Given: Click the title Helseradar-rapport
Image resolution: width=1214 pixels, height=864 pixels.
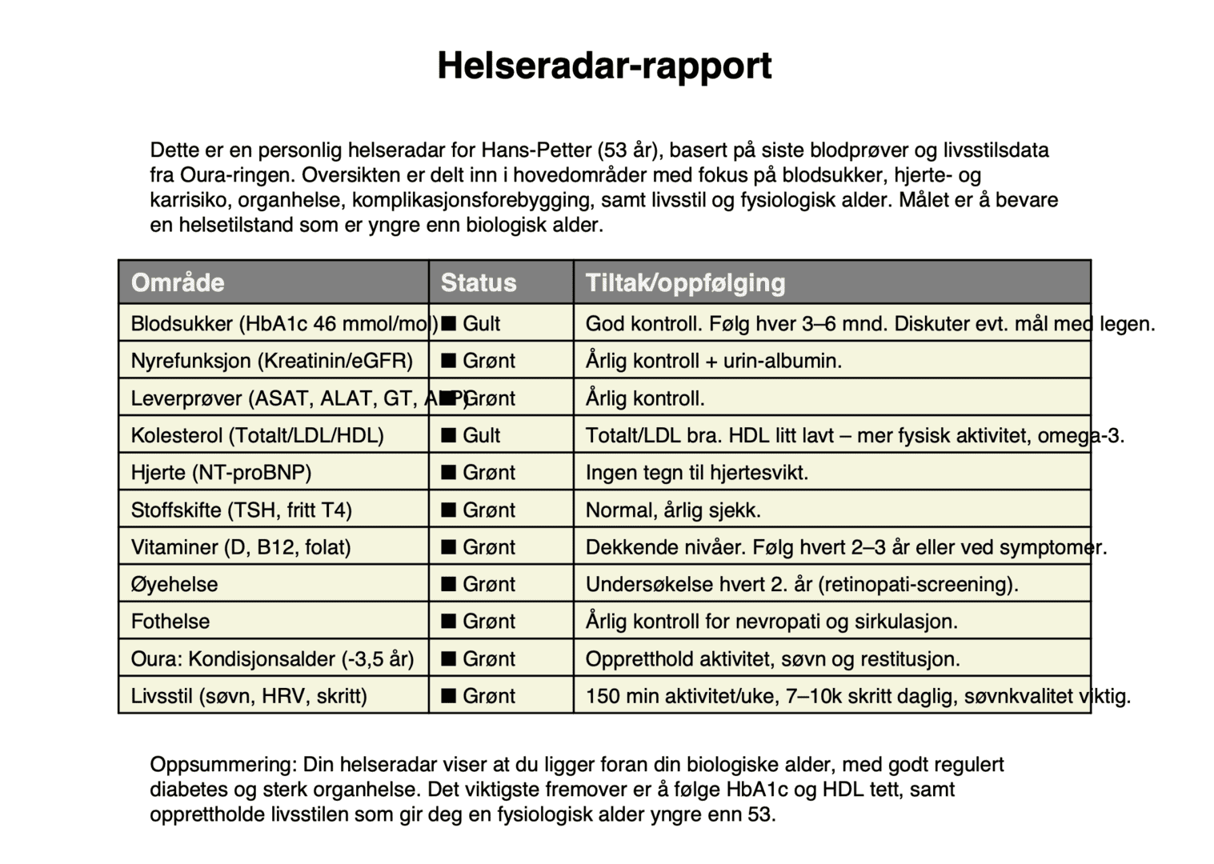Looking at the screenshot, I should click(x=604, y=66).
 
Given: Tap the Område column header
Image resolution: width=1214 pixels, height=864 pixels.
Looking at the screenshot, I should click(x=178, y=282).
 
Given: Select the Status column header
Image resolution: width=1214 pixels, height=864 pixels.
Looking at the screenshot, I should click(x=479, y=282).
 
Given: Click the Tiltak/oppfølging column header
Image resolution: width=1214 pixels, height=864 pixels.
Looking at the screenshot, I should click(x=685, y=282).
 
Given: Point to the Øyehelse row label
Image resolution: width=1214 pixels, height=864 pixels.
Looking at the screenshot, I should click(x=174, y=584).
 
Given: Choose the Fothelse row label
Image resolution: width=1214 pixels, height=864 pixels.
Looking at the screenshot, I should click(x=170, y=622).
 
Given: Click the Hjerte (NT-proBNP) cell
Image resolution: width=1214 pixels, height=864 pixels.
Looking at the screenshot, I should click(x=221, y=473).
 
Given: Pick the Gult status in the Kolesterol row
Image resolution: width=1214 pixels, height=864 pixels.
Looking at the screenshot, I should click(x=481, y=435).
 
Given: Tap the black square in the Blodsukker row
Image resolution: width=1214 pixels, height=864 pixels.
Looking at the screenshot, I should click(x=449, y=323).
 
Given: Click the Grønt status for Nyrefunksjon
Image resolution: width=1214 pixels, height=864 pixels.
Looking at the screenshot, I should click(x=489, y=361).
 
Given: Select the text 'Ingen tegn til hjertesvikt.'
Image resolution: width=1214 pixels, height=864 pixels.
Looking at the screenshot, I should click(x=697, y=473).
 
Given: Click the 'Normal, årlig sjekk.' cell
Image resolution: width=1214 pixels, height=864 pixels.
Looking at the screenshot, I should click(x=673, y=510).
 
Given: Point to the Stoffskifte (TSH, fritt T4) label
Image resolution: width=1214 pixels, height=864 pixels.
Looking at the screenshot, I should click(x=242, y=510).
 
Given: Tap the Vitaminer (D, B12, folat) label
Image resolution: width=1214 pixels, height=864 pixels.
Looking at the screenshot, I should click(x=241, y=547).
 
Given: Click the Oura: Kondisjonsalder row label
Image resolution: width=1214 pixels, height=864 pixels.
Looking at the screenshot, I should click(x=272, y=659).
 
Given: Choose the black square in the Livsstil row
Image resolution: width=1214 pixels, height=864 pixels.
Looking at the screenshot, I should click(x=449, y=696).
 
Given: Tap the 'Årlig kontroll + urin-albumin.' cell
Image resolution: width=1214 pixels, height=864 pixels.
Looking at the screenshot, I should click(x=714, y=361).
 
